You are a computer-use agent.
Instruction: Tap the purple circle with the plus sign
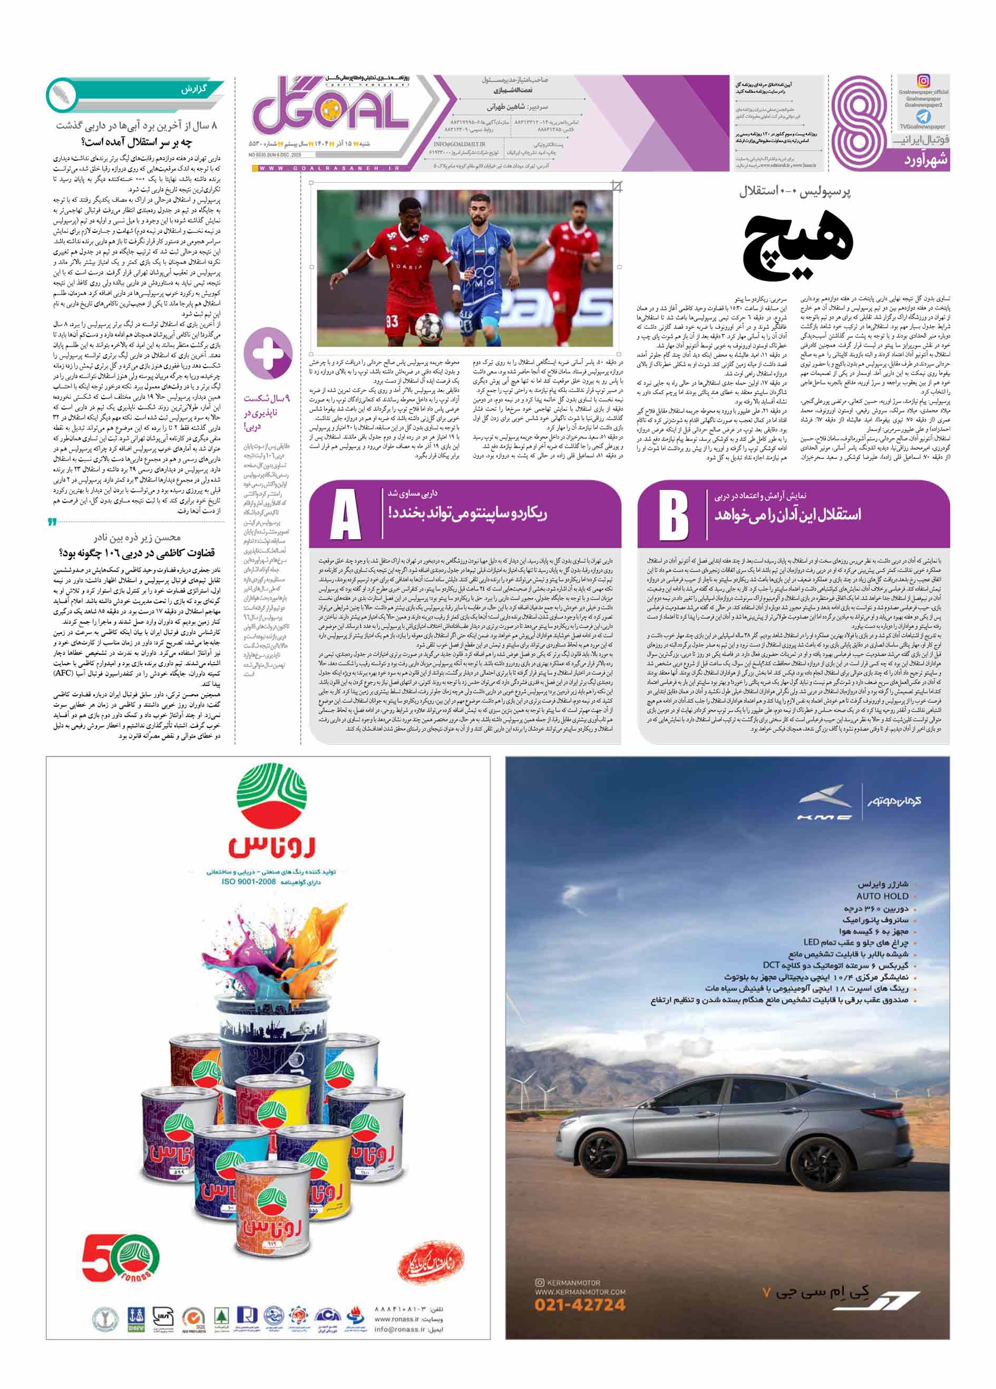(x=268, y=353)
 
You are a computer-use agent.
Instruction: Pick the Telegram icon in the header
(x=923, y=116)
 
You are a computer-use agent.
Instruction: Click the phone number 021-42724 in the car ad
(x=580, y=1305)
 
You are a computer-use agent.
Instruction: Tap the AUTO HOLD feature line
(x=882, y=896)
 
